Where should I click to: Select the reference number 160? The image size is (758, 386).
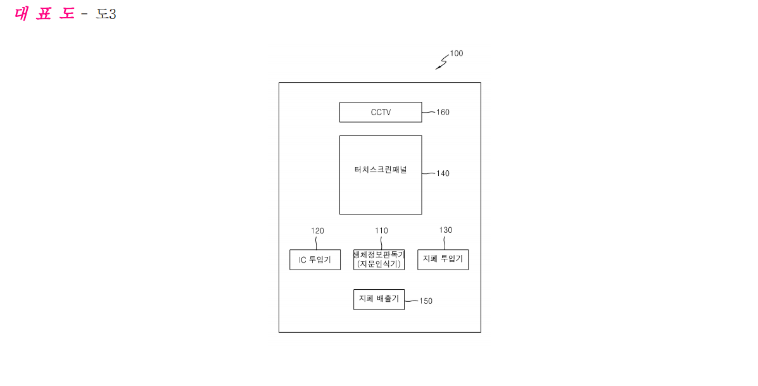443,112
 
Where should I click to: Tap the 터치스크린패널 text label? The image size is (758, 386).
381,170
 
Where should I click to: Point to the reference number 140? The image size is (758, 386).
443,173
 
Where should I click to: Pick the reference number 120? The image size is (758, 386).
318,231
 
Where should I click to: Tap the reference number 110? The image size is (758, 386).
381,231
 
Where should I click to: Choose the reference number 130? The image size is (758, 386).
446,230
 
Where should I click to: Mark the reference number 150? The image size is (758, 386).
426,301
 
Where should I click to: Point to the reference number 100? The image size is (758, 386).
457,53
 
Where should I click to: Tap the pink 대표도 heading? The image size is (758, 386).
44,13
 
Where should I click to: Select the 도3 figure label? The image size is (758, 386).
106,14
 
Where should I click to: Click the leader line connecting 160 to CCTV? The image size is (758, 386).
429,112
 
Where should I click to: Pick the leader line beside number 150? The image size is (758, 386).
412,301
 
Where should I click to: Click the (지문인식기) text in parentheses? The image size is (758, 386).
379,264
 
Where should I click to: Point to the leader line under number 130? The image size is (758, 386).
445,242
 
